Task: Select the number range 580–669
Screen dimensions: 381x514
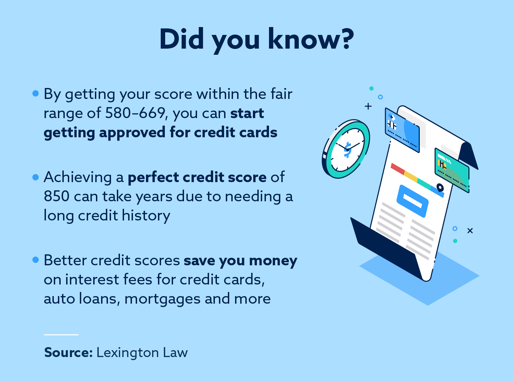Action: [135, 113]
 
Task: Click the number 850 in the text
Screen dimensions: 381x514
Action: [57, 196]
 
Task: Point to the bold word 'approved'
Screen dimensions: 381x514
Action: [132, 133]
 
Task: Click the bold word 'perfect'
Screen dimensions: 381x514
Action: [153, 177]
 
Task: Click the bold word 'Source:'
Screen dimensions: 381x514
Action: [68, 353]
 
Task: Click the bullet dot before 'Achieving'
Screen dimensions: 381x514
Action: [36, 177]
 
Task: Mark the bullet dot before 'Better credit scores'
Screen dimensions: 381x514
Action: [36, 260]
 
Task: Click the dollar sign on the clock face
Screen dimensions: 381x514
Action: [347, 150]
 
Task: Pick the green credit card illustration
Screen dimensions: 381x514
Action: [452, 170]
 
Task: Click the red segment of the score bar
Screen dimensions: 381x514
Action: [397, 168]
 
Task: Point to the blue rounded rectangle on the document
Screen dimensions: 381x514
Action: [412, 201]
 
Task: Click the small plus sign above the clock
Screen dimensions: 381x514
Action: [368, 106]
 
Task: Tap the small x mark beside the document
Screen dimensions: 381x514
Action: [470, 231]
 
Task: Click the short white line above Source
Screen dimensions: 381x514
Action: [61, 334]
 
